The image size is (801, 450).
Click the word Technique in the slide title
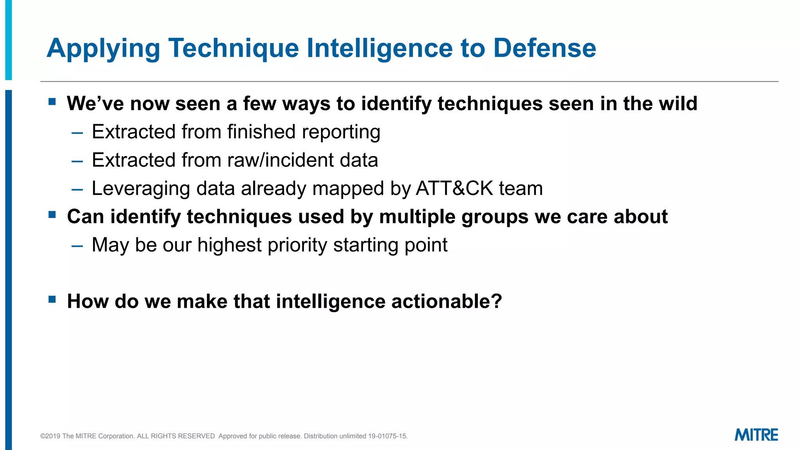click(233, 48)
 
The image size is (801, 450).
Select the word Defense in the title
click(544, 48)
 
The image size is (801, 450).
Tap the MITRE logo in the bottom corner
click(756, 435)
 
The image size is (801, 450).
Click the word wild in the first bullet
click(678, 104)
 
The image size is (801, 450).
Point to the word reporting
click(341, 132)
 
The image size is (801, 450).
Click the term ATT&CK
click(454, 189)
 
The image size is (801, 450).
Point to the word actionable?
click(446, 302)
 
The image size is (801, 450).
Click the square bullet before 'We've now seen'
click(52, 102)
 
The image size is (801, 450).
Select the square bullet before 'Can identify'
click(52, 215)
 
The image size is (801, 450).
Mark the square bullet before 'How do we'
click(52, 300)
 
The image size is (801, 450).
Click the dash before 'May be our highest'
click(77, 246)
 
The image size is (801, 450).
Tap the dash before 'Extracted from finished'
click(77, 133)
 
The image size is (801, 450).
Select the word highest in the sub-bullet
click(229, 245)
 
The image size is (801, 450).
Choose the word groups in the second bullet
click(495, 217)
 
